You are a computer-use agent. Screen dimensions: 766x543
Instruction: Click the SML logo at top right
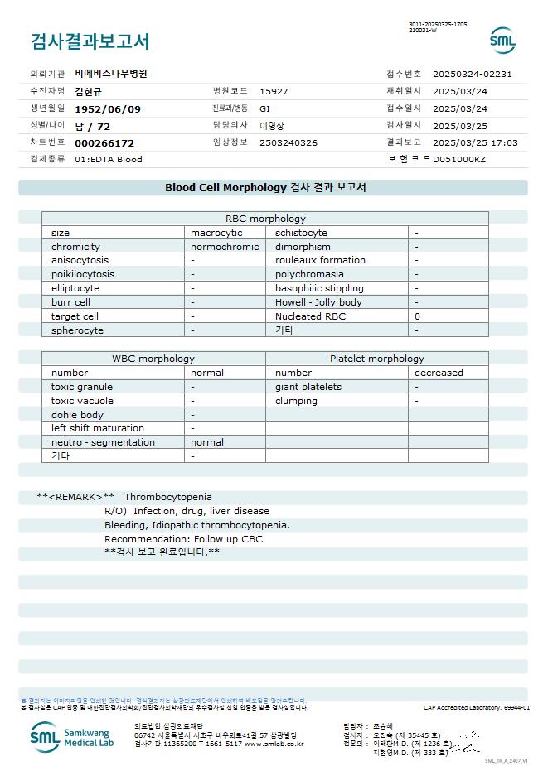(502, 41)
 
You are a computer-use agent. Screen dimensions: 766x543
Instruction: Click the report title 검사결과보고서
(90, 41)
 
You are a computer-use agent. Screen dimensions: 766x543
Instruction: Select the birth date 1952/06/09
(108, 108)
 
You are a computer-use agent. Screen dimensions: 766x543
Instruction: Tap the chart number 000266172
(104, 143)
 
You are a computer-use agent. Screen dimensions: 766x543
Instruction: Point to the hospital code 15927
(274, 91)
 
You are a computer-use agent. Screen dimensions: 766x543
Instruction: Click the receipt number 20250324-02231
(478, 74)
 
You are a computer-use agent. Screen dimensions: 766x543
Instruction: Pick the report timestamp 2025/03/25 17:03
(475, 142)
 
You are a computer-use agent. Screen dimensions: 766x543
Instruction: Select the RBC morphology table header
(265, 219)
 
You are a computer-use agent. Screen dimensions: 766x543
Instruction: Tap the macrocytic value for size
(216, 233)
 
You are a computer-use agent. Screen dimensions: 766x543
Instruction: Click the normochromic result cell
(225, 247)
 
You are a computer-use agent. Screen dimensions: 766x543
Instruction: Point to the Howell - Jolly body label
(318, 302)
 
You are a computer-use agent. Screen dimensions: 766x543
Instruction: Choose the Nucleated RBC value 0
(418, 316)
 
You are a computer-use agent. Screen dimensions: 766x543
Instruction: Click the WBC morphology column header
(153, 359)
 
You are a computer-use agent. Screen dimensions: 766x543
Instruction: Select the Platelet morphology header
(376, 359)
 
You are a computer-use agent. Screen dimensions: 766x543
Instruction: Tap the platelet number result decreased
(439, 373)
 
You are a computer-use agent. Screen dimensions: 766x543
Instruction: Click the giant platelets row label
(308, 387)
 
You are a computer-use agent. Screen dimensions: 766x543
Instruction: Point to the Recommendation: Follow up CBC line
(183, 539)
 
